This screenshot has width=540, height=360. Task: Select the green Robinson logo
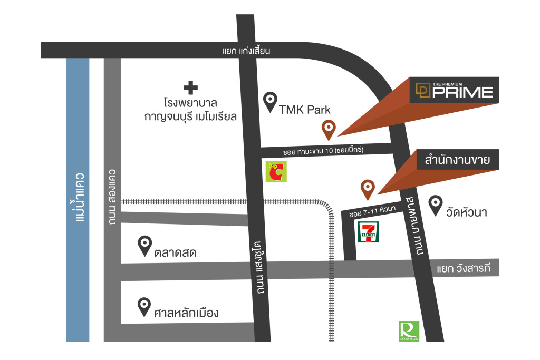click(409, 332)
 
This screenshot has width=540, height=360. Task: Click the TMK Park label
click(305, 110)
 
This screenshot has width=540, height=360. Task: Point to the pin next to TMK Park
click(271, 102)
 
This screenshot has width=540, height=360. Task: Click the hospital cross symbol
click(190, 86)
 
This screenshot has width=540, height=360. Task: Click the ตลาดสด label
click(176, 253)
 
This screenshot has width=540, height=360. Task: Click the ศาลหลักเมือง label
click(186, 314)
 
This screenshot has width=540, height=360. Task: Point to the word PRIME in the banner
click(462, 93)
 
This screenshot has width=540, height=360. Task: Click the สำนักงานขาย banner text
click(461, 161)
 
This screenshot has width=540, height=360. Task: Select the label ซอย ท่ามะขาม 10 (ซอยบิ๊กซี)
click(324, 151)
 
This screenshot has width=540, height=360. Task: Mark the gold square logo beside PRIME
click(422, 91)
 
